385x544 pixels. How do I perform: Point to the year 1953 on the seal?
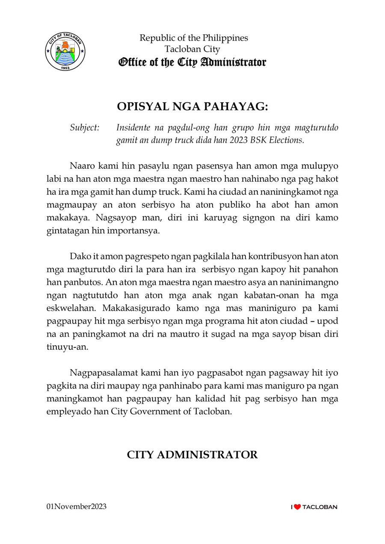click(65, 68)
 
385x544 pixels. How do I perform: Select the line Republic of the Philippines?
click(194, 38)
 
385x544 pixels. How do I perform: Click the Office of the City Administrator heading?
click(192, 62)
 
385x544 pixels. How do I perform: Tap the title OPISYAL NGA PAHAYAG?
click(192, 107)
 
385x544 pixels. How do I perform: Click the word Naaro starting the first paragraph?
click(81, 166)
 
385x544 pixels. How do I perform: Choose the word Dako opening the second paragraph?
click(78, 256)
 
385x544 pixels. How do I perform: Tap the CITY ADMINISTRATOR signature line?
click(192, 455)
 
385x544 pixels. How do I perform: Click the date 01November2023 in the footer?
click(77, 507)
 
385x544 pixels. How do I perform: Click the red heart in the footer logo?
click(298, 507)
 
